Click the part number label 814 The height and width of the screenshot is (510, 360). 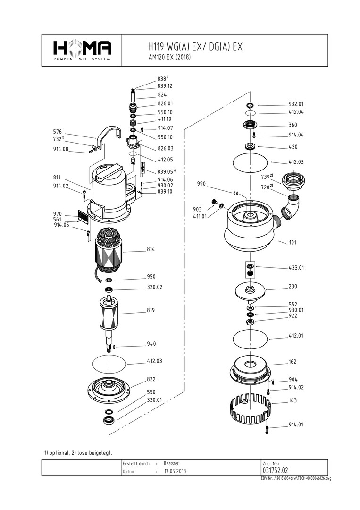pyautogui.click(x=151, y=249)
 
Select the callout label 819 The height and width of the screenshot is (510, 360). pyautogui.click(x=151, y=310)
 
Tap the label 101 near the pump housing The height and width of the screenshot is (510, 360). pyautogui.click(x=293, y=242)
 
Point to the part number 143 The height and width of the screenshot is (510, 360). pyautogui.click(x=293, y=400)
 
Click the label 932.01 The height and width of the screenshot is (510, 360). pyautogui.click(x=296, y=104)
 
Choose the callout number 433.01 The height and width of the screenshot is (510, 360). pyautogui.click(x=296, y=267)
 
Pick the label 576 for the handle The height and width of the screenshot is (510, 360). pyautogui.click(x=58, y=132)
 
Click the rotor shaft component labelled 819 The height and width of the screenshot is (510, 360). pyautogui.click(x=110, y=319)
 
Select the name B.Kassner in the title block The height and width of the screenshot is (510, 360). pyautogui.click(x=171, y=463)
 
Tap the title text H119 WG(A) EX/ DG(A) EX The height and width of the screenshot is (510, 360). pyautogui.click(x=195, y=47)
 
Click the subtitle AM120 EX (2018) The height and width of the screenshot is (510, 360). pyautogui.click(x=169, y=57)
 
